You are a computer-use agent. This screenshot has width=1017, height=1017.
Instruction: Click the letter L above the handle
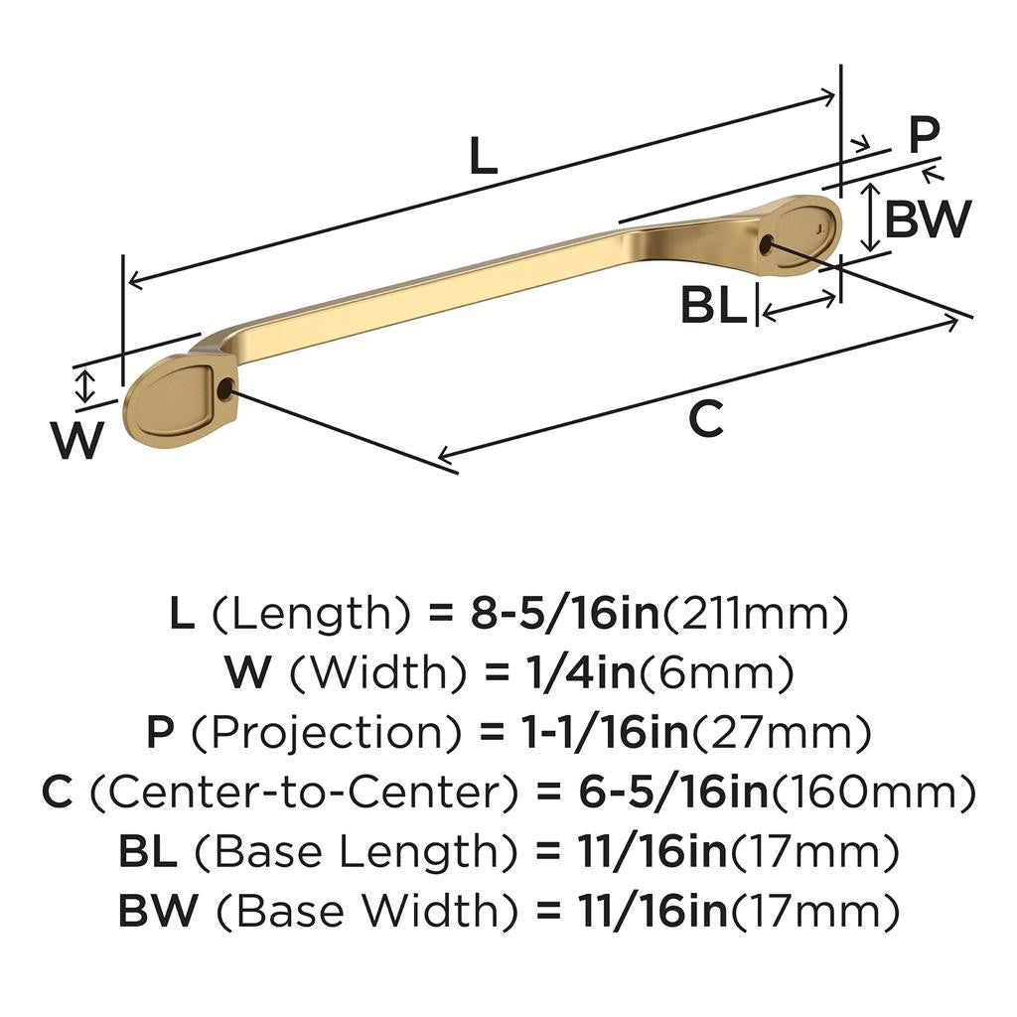[483, 156]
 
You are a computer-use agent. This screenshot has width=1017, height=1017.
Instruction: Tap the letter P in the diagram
[924, 136]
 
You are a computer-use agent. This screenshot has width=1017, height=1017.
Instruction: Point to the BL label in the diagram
[713, 306]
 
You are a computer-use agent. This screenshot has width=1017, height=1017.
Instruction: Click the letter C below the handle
[706, 420]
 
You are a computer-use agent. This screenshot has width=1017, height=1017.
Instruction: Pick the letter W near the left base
[76, 440]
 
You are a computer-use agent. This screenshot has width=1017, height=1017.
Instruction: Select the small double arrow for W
[86, 385]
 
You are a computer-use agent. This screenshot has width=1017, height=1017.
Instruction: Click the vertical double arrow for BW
[870, 217]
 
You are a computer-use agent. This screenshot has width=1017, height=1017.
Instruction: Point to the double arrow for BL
[798, 307]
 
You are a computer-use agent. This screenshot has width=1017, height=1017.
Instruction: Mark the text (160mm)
[872, 793]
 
